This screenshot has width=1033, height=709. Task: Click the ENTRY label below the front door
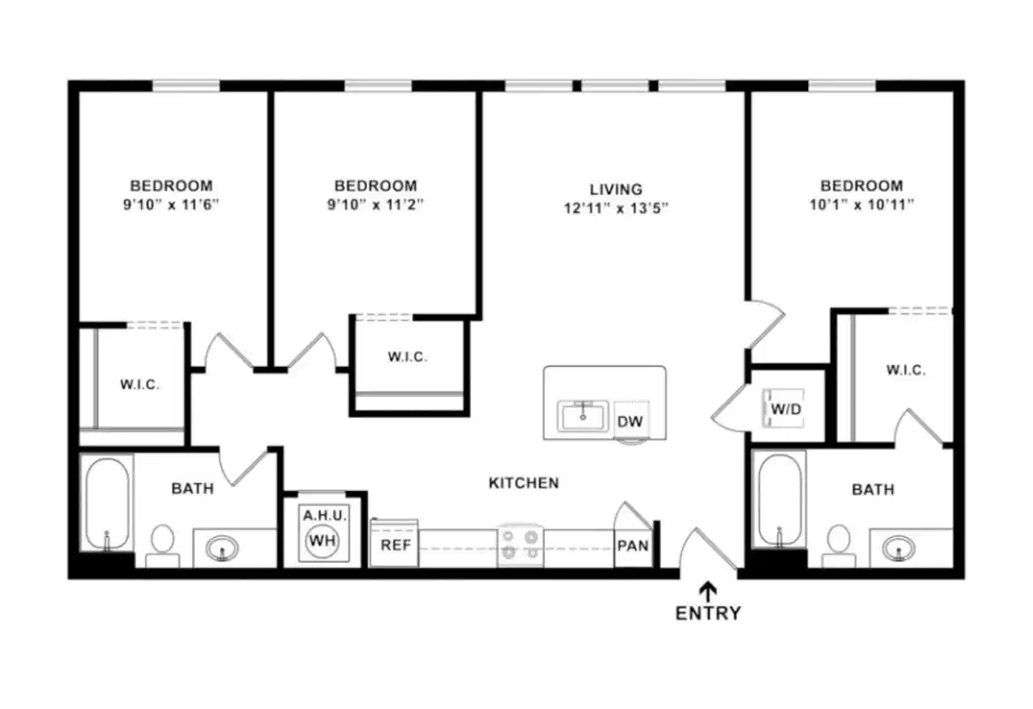pos(708,612)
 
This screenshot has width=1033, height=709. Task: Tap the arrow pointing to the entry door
pos(708,589)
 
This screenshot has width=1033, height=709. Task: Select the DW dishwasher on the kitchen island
pos(630,422)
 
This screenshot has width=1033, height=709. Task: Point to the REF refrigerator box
pos(395,545)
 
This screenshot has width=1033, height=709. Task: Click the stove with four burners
pos(520,544)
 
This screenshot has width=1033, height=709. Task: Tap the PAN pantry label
pos(633,546)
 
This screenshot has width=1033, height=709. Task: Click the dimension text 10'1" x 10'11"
pos(861,204)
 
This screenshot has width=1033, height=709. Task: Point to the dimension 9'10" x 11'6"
pos(171,204)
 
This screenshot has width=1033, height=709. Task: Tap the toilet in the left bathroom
pos(162,542)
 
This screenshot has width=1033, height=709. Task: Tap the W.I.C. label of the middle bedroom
pos(408,357)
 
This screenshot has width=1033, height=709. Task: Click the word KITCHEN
pos(524,483)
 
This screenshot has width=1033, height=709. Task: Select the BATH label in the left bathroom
pos(192,488)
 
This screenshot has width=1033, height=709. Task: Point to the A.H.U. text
pos(325,515)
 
